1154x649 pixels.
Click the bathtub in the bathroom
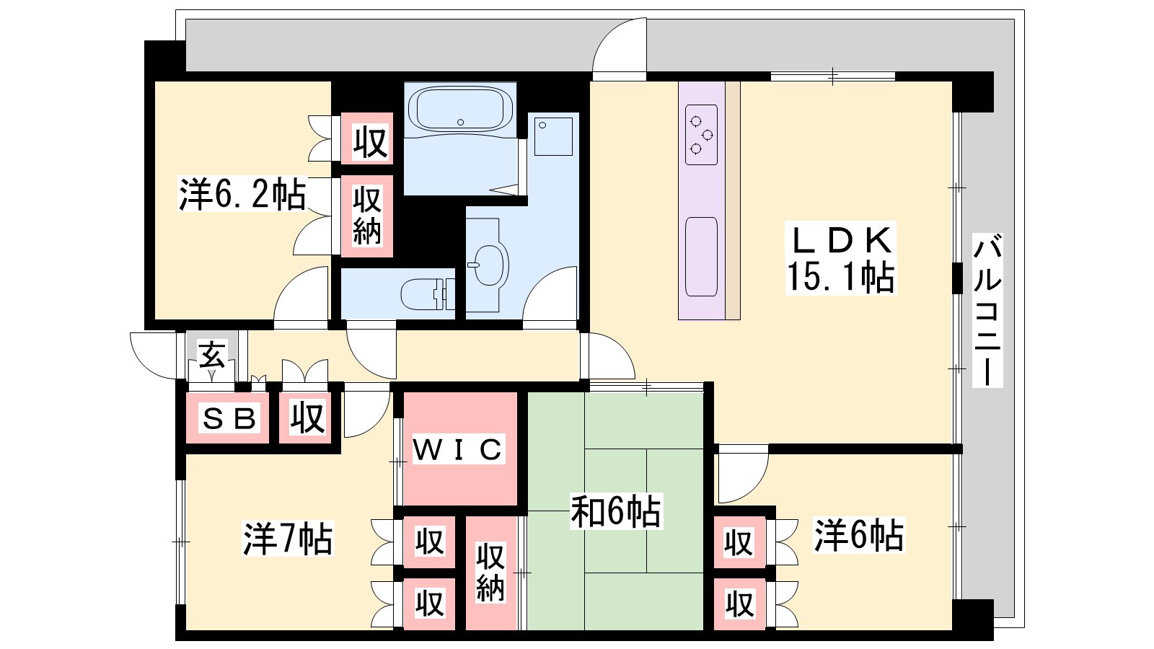(460, 110)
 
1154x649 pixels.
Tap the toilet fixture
(428, 293)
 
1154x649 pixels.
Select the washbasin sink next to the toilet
(488, 265)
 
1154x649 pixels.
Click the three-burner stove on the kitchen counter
(701, 134)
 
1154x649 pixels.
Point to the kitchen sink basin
(701, 257)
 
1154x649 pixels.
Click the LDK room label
(841, 240)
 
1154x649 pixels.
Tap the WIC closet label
(458, 449)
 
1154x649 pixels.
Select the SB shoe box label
(229, 418)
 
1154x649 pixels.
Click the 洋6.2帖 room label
(242, 194)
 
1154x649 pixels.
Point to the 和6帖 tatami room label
(616, 511)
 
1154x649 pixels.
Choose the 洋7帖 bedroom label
(288, 538)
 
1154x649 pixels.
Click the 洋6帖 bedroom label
(858, 536)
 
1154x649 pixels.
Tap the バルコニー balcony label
(987, 309)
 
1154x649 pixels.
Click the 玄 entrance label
(212, 354)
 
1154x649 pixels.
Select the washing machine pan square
(553, 136)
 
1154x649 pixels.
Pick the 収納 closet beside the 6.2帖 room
(367, 216)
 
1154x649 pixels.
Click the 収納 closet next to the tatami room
(490, 572)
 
